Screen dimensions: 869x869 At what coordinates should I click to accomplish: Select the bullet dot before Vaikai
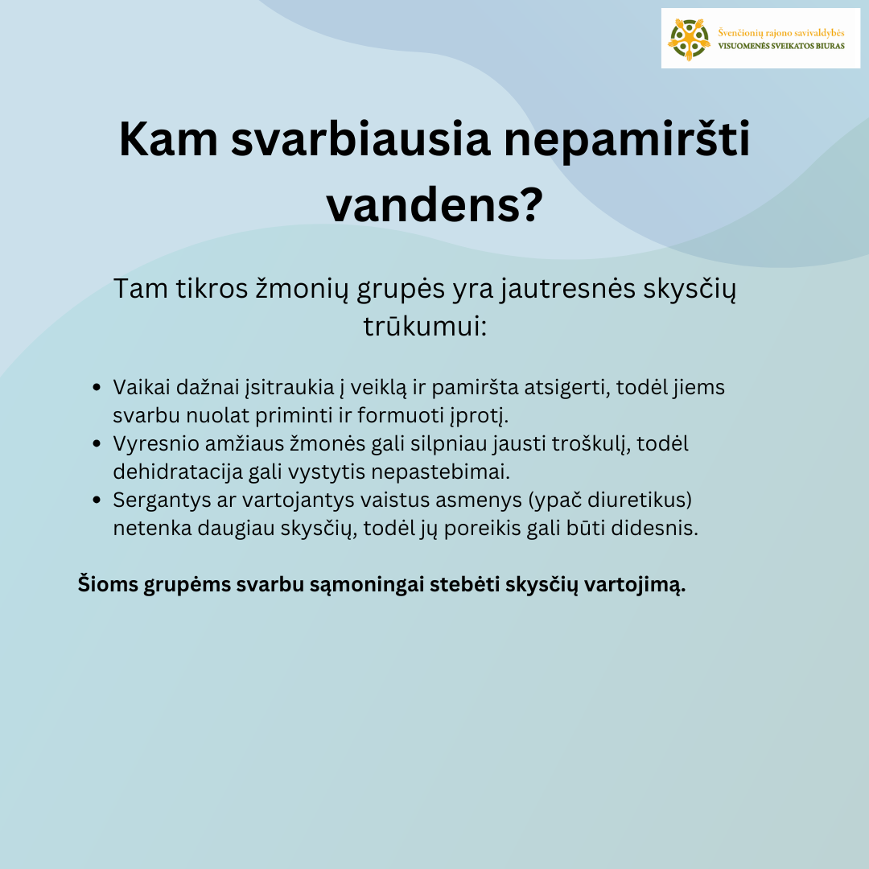click(x=97, y=388)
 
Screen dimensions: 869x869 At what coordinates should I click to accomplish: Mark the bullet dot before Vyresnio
click(x=97, y=443)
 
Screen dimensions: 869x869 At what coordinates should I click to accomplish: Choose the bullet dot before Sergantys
click(x=97, y=500)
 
